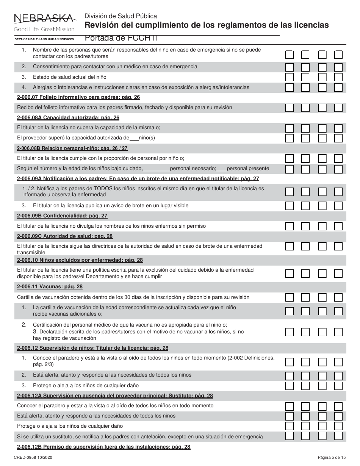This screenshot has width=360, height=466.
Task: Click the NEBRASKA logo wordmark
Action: pos(44,18)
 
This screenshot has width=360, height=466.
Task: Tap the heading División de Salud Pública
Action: pos(121,16)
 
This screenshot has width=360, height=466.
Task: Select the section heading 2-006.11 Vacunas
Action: pos(50,287)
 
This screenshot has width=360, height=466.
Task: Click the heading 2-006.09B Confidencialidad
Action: pos(62,216)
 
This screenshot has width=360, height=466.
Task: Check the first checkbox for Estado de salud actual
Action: pos(289,77)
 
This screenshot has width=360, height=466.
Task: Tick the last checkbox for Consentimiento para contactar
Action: pos(338,67)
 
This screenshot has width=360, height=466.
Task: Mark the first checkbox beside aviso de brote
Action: pos(289,206)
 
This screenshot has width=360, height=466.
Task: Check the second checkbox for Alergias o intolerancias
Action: pos(305,88)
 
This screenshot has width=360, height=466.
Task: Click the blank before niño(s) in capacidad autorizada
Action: pos(134,138)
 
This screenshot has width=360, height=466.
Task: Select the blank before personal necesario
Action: pos(157,169)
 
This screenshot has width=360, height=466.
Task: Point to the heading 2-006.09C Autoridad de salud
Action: pos(65,236)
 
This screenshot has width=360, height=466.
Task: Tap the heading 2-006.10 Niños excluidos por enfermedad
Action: pos(80,260)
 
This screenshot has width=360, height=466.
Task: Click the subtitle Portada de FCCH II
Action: pos(121,38)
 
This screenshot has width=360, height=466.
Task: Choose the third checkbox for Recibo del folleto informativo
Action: pos(322,108)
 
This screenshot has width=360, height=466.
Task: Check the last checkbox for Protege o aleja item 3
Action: pos(338,386)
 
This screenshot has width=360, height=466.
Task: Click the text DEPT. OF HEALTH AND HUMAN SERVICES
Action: pos(44,39)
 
